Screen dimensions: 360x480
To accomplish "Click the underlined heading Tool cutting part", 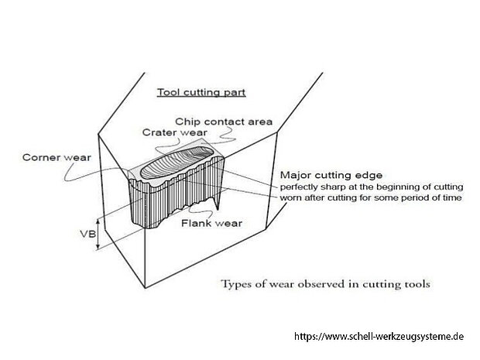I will click(x=201, y=92).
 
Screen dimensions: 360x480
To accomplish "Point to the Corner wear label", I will click(x=57, y=158).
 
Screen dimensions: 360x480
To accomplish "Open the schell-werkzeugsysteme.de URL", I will click(x=378, y=338).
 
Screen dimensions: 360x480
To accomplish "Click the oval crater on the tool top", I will click(x=182, y=159).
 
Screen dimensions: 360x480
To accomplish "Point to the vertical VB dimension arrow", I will click(x=98, y=231).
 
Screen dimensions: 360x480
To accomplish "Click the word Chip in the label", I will click(x=187, y=122).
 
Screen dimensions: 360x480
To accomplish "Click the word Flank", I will click(x=194, y=223).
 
